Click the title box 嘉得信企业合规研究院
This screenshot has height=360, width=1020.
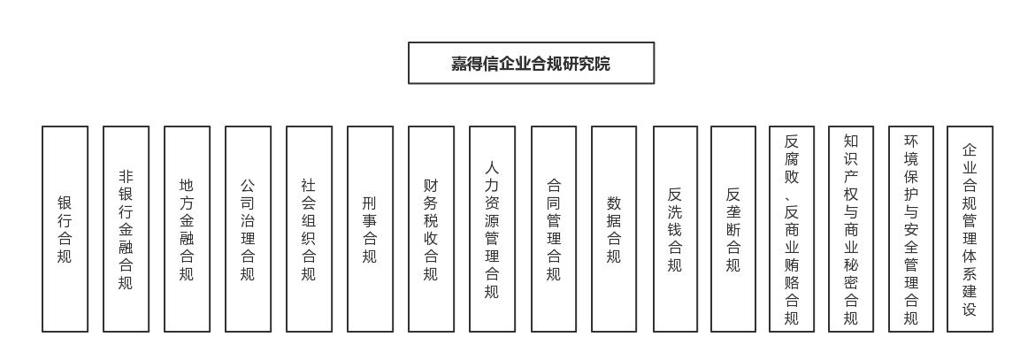tap(531, 63)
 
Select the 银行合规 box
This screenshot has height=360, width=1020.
tap(65, 229)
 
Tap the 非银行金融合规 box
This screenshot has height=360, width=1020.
tap(127, 229)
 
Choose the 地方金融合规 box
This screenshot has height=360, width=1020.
tap(187, 229)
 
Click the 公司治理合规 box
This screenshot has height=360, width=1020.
tap(248, 229)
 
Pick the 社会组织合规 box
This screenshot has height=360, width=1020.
tap(309, 229)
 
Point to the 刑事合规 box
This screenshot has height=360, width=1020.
tap(370, 229)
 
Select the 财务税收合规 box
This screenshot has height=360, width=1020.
tap(432, 229)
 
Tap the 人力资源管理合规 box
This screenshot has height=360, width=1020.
tap(493, 229)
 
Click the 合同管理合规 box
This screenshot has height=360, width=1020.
tap(554, 229)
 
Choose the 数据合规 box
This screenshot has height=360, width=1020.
tap(614, 229)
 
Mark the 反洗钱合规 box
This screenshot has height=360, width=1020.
tap(675, 229)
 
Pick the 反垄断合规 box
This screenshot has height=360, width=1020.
tap(733, 229)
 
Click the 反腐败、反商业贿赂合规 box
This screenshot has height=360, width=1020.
tap(792, 229)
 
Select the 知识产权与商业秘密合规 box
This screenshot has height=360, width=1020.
tap(852, 229)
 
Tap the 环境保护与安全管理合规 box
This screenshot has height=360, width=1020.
tap(911, 229)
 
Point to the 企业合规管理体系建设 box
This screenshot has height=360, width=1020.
tap(970, 229)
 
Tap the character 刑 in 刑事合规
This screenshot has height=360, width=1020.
tap(370, 203)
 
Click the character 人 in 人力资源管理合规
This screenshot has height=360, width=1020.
tap(493, 168)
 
